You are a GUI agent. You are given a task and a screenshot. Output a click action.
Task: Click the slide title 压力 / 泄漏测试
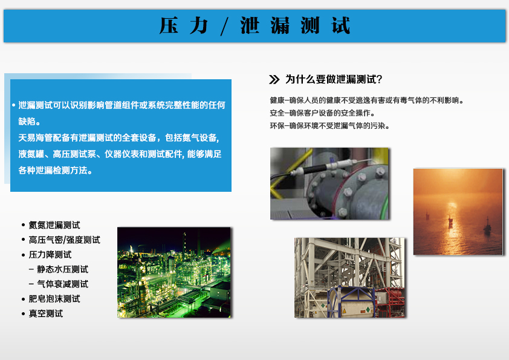coord(255,25)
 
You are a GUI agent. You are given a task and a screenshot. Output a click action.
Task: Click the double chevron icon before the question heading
coord(274,80)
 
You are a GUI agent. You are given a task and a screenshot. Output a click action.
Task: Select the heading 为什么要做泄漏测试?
coord(334,79)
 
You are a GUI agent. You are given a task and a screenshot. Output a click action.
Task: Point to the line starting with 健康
coord(366,100)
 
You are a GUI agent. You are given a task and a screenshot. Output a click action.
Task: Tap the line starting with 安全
coord(322,113)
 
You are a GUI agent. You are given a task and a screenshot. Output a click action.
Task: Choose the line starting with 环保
coord(329,126)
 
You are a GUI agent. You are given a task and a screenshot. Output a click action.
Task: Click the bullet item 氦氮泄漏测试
coord(54,225)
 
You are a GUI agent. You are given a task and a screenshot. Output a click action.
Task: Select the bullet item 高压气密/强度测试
coord(64,240)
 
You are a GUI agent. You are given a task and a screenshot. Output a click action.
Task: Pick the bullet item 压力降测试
coord(50,254)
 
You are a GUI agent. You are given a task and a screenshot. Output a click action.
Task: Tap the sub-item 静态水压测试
coord(62,269)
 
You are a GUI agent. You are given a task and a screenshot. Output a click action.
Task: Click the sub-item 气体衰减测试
coord(62,284)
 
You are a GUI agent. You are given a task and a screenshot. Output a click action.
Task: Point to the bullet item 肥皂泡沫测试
coord(54,299)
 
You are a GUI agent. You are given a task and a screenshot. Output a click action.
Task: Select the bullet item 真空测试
coord(46,313)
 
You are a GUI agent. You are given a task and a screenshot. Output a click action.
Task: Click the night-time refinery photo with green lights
coord(173,272)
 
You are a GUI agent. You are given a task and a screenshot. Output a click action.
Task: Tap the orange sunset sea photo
coord(458,212)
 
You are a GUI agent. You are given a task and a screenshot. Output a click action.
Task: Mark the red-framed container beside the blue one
coord(389,301)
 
